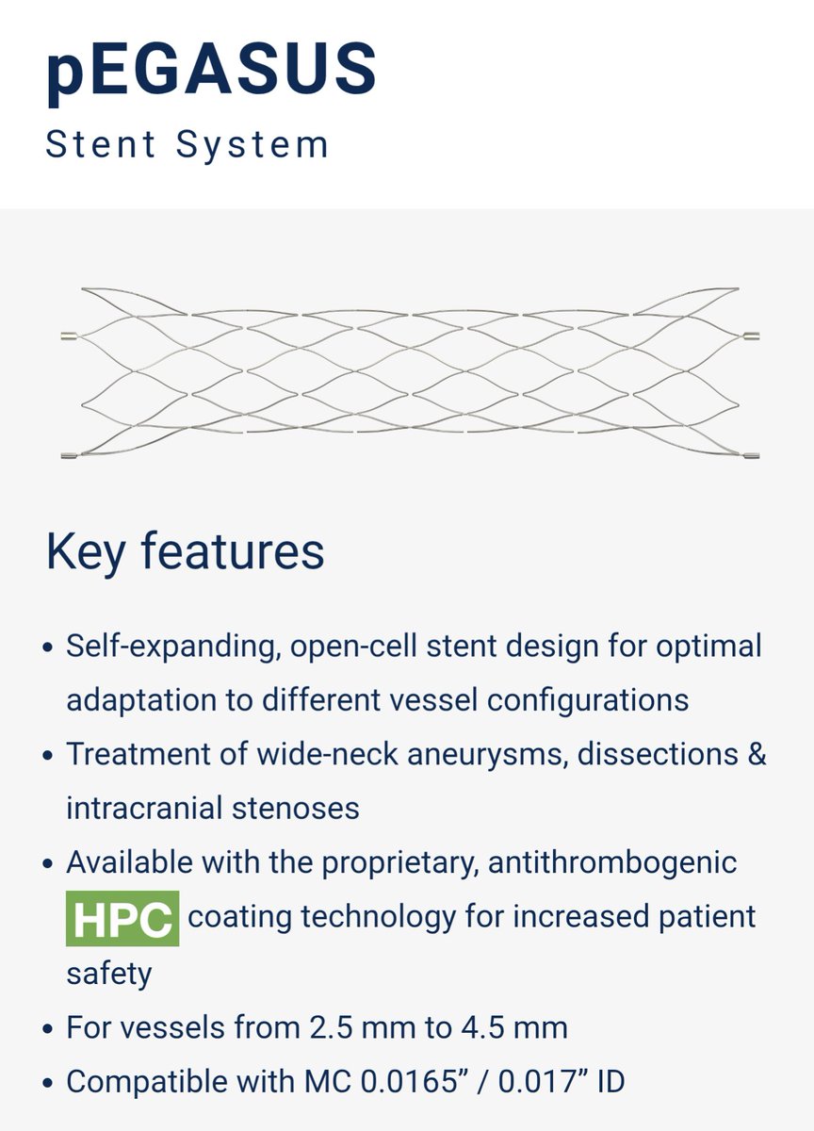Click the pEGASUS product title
pyautogui.click(x=211, y=74)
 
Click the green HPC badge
pyautogui.click(x=122, y=917)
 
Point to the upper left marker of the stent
pyautogui.click(x=67, y=336)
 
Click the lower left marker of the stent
pyautogui.click(x=67, y=456)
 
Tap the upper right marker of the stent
pyautogui.click(x=751, y=336)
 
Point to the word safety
pyautogui.click(x=108, y=972)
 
